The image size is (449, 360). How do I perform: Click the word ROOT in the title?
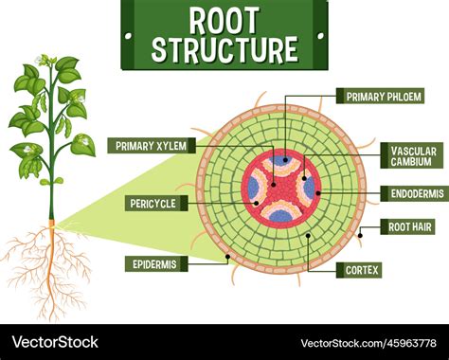(224, 19)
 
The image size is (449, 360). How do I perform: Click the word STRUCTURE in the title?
(224, 48)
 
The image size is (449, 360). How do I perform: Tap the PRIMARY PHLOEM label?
(377, 96)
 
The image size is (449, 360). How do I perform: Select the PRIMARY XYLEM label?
(152, 145)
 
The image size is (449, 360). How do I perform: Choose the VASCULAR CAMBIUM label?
(412, 155)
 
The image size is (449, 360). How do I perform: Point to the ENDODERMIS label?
(412, 193)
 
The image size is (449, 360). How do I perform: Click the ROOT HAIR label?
(408, 226)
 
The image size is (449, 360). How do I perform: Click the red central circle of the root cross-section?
(280, 187)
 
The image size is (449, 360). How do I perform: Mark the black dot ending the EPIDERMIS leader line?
(226, 257)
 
